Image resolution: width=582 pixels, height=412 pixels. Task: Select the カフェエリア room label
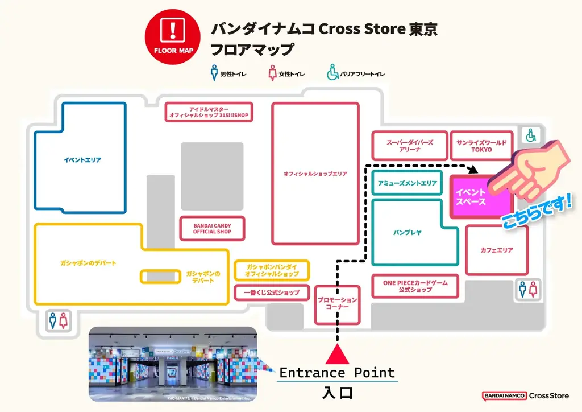coord(497,250)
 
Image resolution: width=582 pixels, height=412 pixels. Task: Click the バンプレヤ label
coord(407,233)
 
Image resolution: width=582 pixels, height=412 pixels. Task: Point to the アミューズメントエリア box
coord(407,183)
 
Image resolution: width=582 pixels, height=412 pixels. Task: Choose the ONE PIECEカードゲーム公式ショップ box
coord(415,286)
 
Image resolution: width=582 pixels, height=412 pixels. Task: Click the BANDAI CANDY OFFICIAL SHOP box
coord(212,229)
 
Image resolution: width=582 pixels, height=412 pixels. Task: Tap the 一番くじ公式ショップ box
coord(272,292)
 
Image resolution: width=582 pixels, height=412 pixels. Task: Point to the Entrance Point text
coord(336,373)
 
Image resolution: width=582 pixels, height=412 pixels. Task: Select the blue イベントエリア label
coord(82,160)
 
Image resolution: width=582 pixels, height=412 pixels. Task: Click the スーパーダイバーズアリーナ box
coord(410,146)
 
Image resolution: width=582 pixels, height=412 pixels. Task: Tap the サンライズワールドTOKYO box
coord(481,146)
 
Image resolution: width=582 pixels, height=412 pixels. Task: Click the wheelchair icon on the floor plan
coord(531,135)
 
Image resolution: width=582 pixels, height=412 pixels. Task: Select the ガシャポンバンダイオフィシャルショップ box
coord(272,270)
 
